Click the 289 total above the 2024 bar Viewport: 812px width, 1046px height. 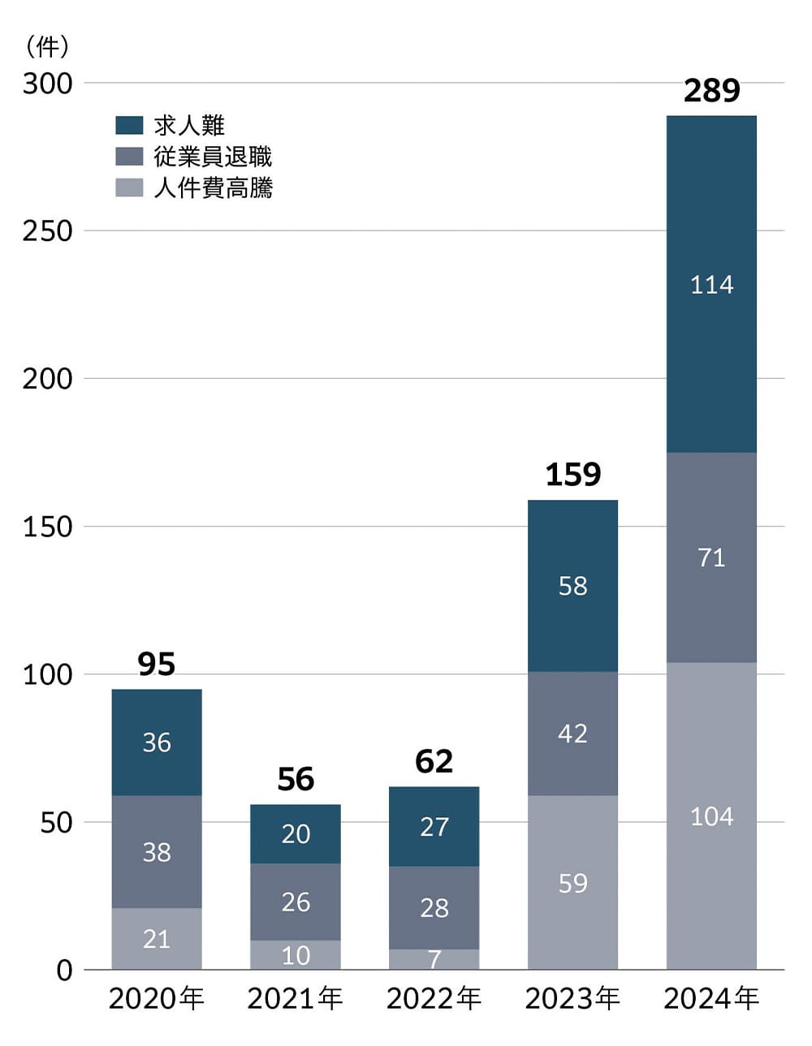(x=711, y=90)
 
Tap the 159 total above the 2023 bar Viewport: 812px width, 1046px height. (x=572, y=475)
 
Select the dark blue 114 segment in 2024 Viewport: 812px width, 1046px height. (x=711, y=284)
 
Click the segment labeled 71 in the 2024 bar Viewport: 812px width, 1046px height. (x=711, y=557)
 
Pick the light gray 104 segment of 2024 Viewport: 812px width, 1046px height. (x=711, y=816)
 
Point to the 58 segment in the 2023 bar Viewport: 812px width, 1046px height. (x=572, y=585)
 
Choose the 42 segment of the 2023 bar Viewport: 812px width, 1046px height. (x=572, y=733)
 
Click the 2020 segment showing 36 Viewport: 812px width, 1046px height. (x=157, y=742)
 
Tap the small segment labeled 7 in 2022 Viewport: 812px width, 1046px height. (x=434, y=959)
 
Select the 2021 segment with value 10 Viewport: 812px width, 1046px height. (x=296, y=955)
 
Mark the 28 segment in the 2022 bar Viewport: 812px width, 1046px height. (x=434, y=907)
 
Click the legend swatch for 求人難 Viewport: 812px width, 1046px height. (x=129, y=125)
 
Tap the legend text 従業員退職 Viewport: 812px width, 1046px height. (x=213, y=157)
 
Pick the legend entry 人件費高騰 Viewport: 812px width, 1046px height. (x=213, y=187)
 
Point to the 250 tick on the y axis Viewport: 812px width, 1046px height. (x=47, y=231)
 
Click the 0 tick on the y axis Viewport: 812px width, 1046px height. (x=64, y=971)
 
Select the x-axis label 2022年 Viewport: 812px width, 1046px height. (x=434, y=998)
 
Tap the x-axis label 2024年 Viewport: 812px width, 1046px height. (x=711, y=998)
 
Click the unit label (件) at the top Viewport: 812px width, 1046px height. (x=47, y=46)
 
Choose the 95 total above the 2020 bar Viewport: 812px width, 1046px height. (x=157, y=664)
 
